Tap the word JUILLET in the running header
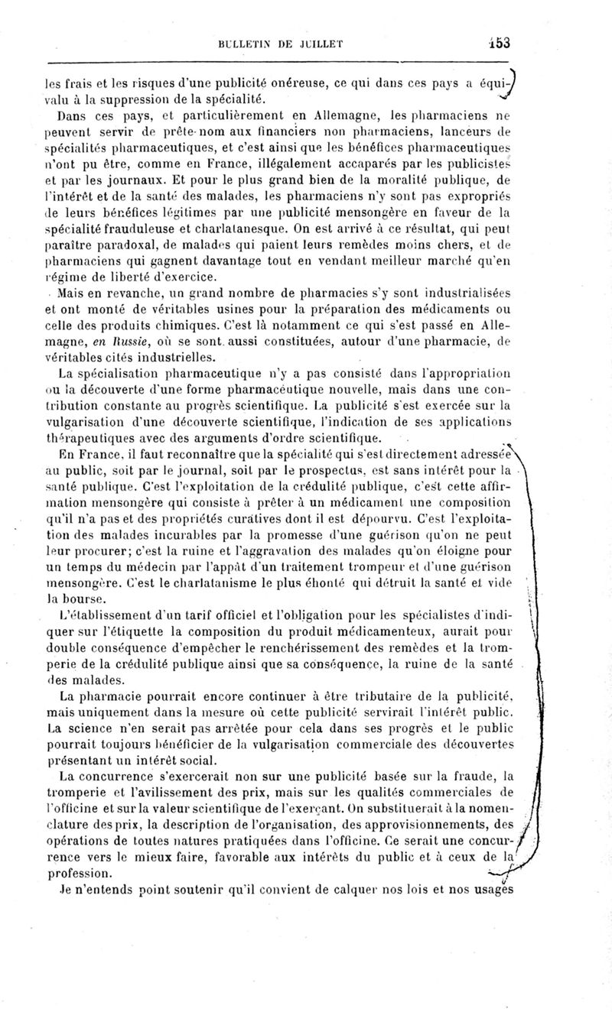[x=316, y=43]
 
